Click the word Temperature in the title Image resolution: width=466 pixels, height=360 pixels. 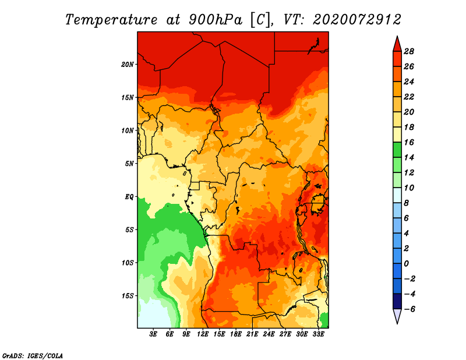point(111,20)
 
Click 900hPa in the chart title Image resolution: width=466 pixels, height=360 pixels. point(216,20)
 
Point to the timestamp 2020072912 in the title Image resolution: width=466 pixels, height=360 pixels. point(357,20)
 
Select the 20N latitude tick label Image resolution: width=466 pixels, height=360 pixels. point(128,65)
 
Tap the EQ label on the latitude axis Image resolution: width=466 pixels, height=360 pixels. point(129,197)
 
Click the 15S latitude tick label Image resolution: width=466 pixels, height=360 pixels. point(128,296)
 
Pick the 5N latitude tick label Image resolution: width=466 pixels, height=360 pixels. point(129,164)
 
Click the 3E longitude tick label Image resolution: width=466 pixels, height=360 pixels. point(153,334)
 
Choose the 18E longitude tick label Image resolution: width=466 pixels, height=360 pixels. point(236,334)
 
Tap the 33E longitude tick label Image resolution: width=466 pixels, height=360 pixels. point(318,334)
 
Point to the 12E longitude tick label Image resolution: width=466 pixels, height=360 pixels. point(203,334)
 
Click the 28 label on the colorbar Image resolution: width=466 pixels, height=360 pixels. point(409,51)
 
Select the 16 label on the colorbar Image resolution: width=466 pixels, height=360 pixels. point(409,142)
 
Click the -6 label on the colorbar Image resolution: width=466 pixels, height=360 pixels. point(409,309)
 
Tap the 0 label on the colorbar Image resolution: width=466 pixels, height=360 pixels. point(407,264)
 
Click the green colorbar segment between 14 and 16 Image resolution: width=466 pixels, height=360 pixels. point(397,150)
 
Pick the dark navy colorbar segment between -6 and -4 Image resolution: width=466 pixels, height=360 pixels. point(397,301)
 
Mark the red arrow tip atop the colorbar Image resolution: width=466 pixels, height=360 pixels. point(397,36)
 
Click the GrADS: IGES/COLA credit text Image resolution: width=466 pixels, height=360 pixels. point(33,356)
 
